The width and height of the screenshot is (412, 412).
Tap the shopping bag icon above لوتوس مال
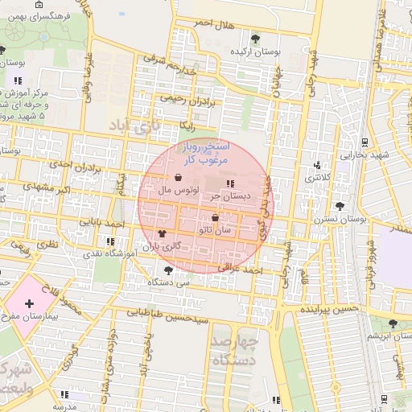(177, 178)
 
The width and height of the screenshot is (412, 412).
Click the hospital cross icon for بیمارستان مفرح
(29, 304)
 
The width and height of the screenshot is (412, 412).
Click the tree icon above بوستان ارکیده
(255, 38)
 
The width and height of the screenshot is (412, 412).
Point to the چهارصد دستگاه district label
(235, 351)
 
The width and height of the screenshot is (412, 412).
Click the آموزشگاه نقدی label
(112, 253)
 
